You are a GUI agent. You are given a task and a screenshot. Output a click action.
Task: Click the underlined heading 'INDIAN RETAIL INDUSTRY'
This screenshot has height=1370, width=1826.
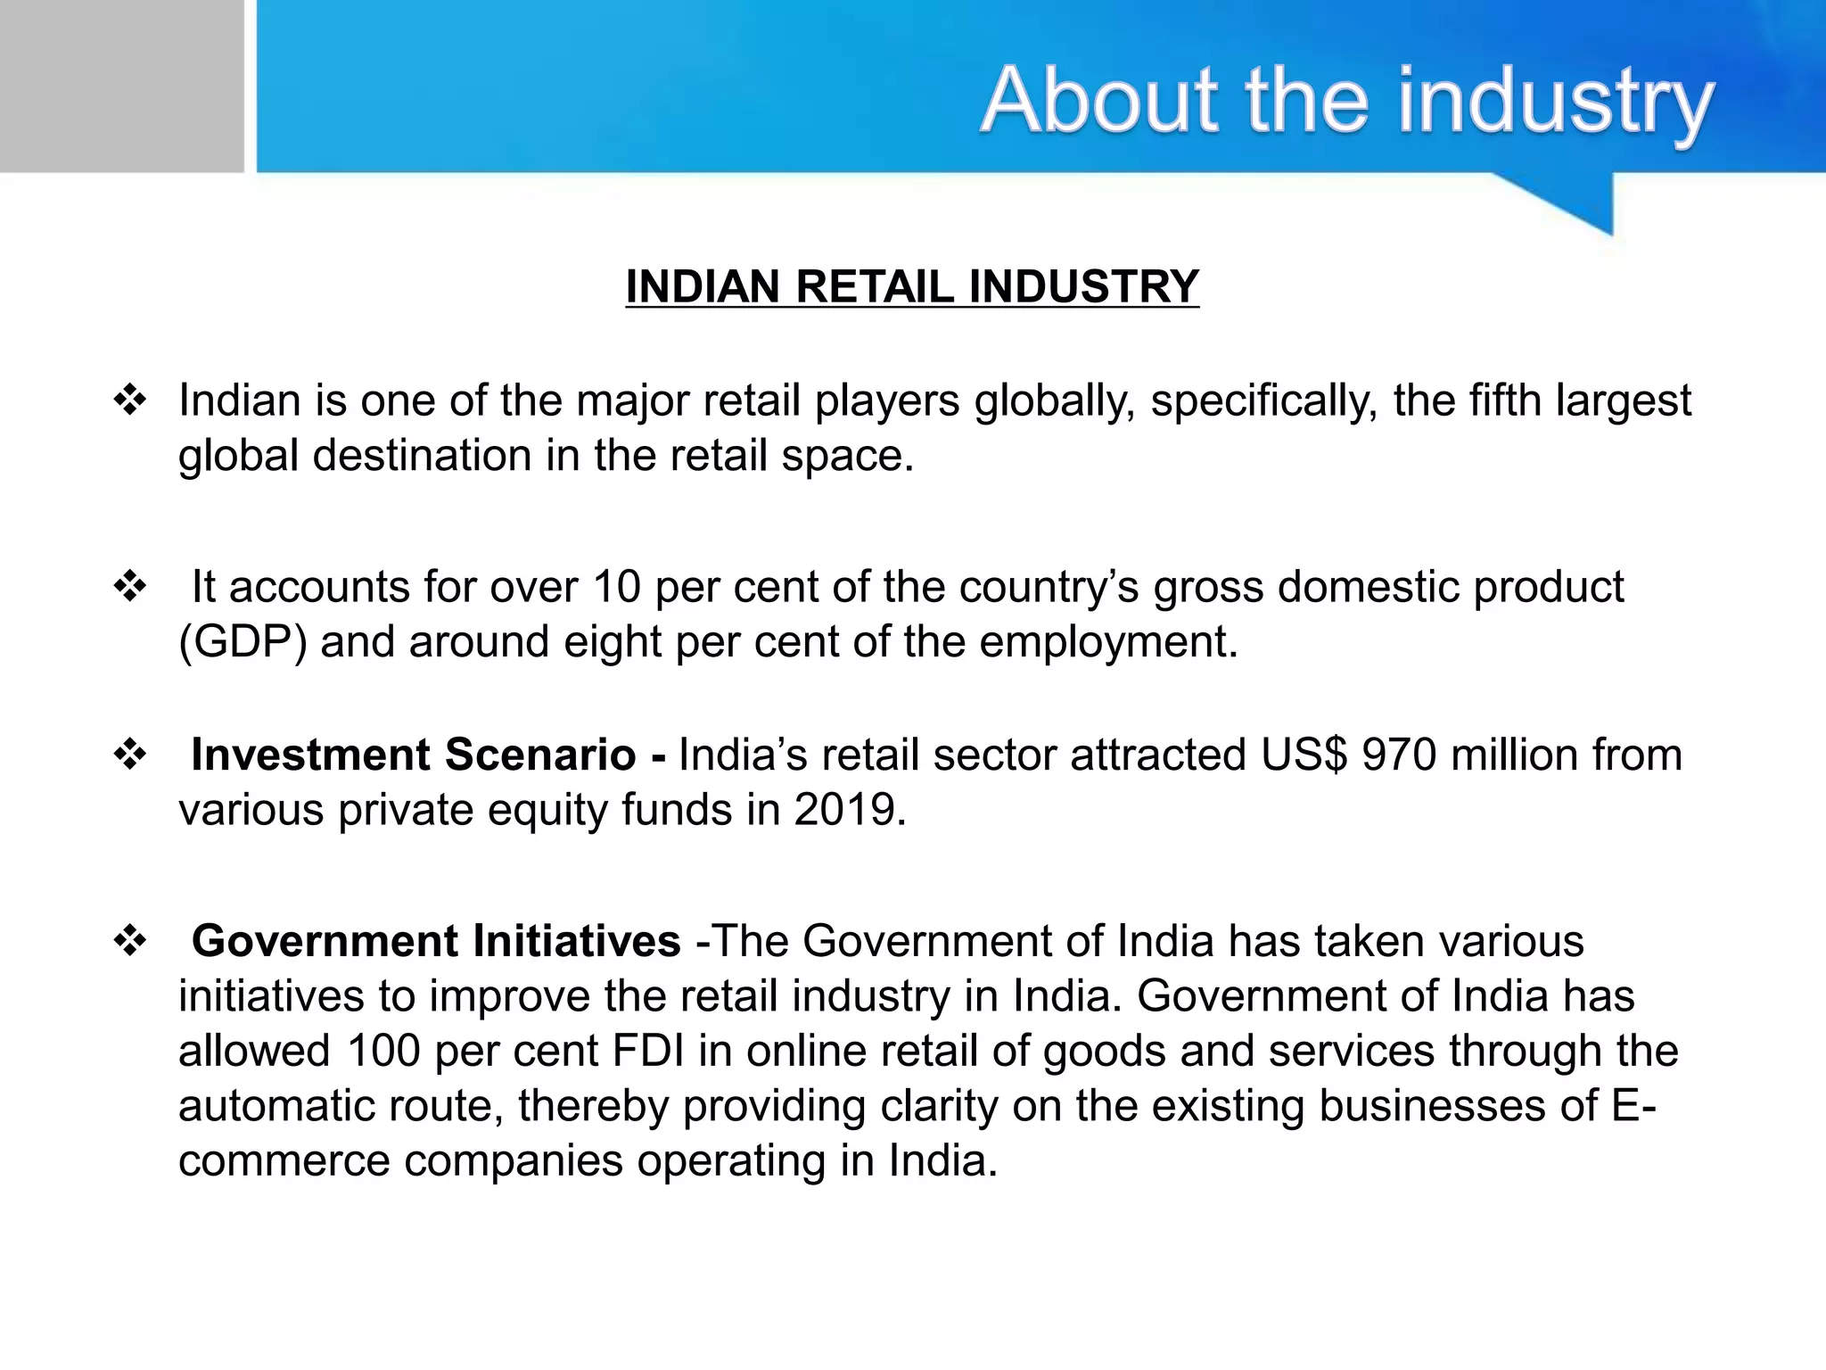[912, 287]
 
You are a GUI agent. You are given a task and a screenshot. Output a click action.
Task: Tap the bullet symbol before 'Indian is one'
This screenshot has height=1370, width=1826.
[130, 400]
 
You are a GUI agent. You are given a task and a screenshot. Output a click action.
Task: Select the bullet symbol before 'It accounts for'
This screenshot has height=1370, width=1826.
[130, 587]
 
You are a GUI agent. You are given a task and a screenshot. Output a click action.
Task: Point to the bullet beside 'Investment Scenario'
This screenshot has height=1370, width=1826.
[130, 755]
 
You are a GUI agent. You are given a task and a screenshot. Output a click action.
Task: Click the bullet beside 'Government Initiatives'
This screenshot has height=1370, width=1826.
[130, 941]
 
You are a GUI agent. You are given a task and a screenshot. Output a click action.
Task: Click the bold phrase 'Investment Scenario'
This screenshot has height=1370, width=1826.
[414, 755]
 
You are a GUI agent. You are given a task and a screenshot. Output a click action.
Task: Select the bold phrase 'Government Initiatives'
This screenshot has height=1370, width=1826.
[436, 941]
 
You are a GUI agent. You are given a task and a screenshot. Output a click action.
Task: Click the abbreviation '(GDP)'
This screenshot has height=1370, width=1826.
[243, 642]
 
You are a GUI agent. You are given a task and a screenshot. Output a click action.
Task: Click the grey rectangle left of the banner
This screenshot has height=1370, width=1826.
[121, 86]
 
